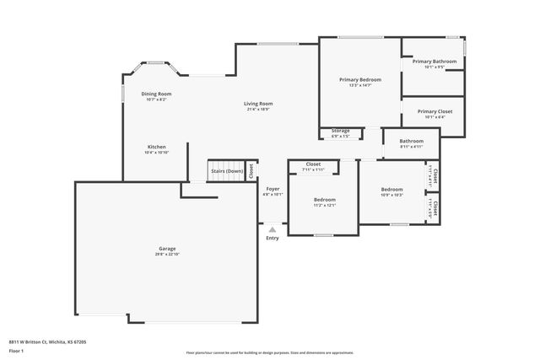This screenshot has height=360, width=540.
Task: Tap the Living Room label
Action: click(x=259, y=104)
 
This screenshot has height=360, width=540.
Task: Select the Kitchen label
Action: click(x=157, y=147)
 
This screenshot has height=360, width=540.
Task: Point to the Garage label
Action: click(x=168, y=248)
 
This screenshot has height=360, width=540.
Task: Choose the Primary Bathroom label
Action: click(x=434, y=62)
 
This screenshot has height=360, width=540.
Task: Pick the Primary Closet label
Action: click(x=434, y=111)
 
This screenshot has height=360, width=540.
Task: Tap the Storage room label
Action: click(x=340, y=131)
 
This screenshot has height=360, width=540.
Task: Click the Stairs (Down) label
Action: click(x=227, y=171)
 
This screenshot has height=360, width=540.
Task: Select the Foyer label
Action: click(x=273, y=189)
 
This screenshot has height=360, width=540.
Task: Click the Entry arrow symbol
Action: click(x=273, y=228)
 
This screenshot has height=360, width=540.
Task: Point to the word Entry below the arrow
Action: click(x=273, y=238)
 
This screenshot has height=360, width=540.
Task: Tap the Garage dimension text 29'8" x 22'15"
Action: click(x=168, y=254)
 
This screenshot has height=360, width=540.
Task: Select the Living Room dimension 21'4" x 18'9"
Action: click(x=259, y=110)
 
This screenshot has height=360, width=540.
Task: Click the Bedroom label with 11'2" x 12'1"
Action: click(x=325, y=199)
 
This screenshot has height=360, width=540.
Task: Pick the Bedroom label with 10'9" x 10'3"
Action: click(x=391, y=190)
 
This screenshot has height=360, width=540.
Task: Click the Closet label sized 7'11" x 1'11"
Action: click(x=313, y=164)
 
